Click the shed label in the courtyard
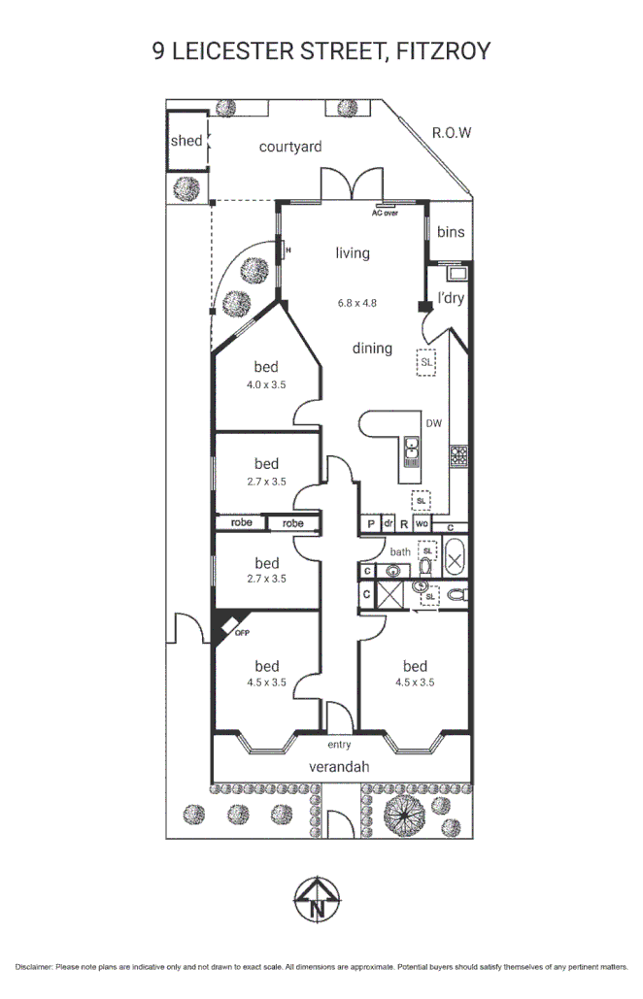point(186,141)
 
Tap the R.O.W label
point(452,133)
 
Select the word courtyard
point(290,147)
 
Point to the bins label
point(451,232)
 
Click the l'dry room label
point(451,298)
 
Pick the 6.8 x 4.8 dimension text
point(356,302)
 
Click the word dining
point(372,349)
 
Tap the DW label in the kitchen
point(433,422)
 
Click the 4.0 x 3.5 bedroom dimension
point(266,384)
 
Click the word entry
point(339,745)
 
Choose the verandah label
point(339,767)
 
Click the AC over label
point(386,212)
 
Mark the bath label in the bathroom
point(400,551)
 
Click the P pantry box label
point(370,524)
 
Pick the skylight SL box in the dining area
point(426,361)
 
